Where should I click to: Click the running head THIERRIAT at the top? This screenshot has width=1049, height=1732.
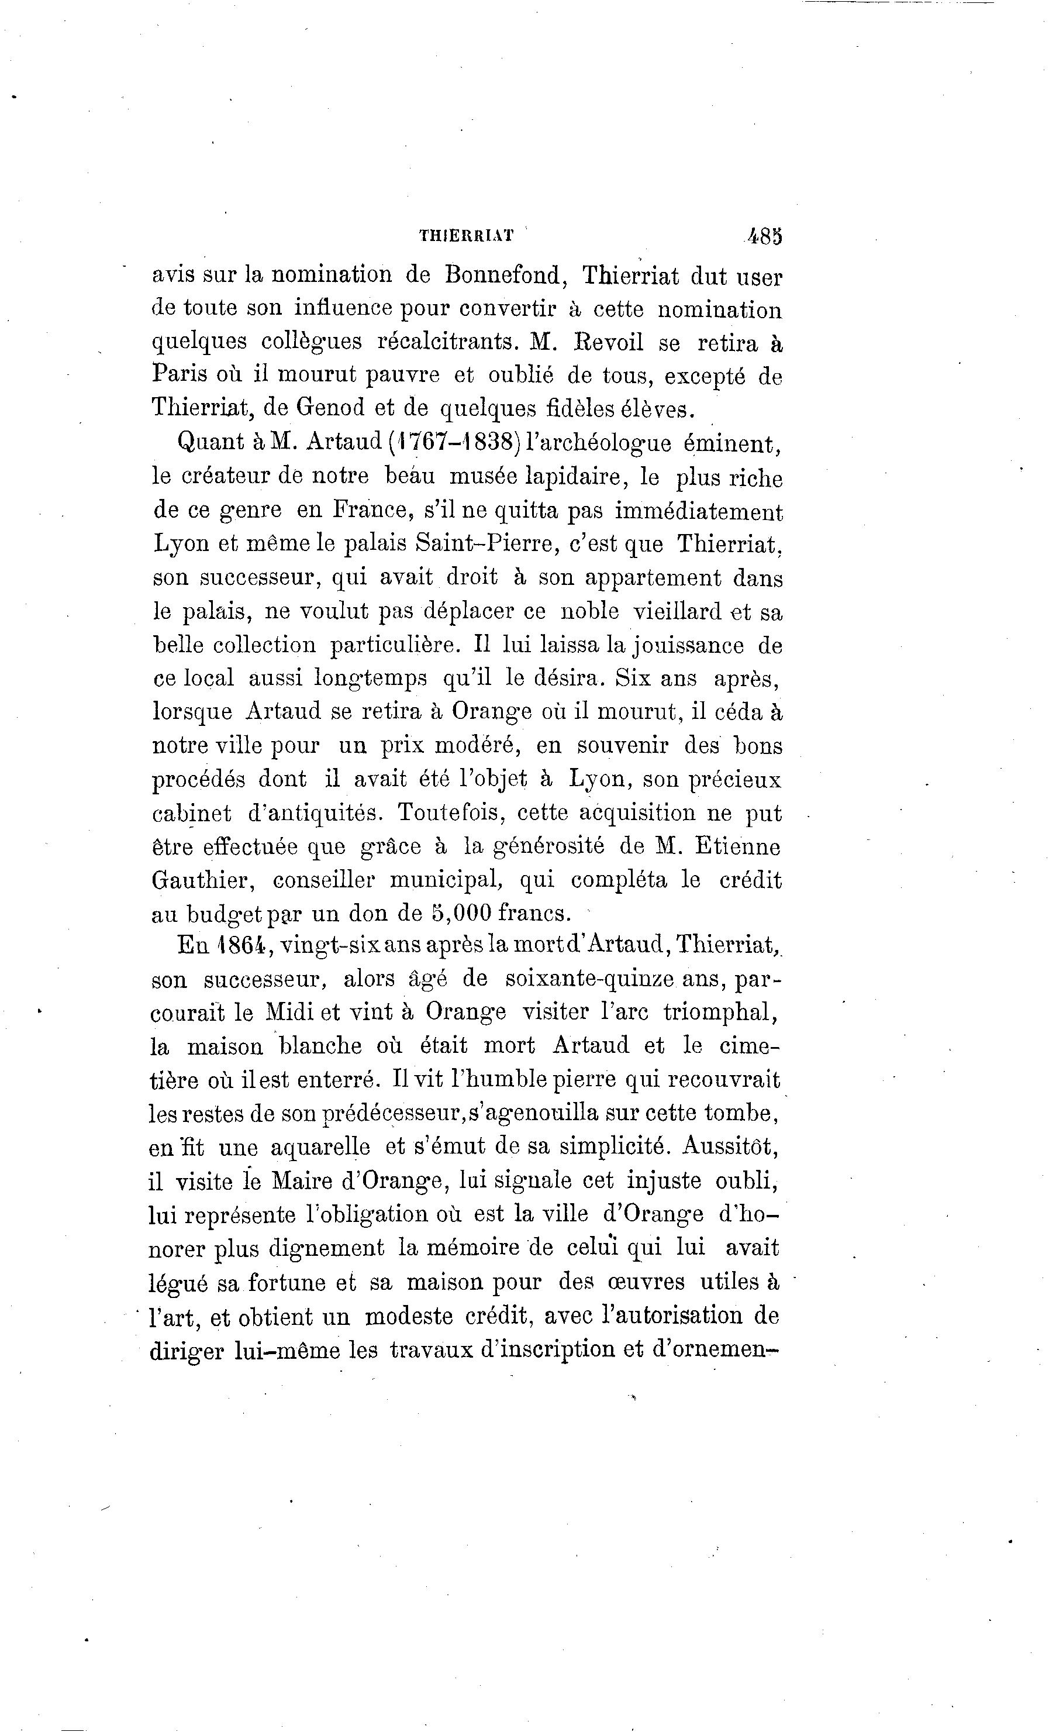point(466,236)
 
